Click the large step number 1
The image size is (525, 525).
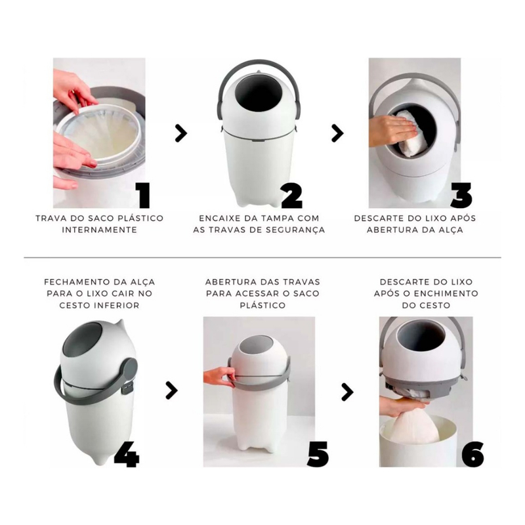pos(143,195)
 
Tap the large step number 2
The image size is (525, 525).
pos(291,195)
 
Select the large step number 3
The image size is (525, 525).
pos(461,195)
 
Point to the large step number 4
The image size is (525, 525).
pos(126,453)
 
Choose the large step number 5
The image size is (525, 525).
pos(318,453)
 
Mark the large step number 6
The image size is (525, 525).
pos(472,453)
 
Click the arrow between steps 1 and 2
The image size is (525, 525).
pos(180,134)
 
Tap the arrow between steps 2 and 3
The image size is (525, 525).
pos(337,134)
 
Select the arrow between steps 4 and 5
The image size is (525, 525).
pos(171,390)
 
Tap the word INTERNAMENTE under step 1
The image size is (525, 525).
pos(100,230)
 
